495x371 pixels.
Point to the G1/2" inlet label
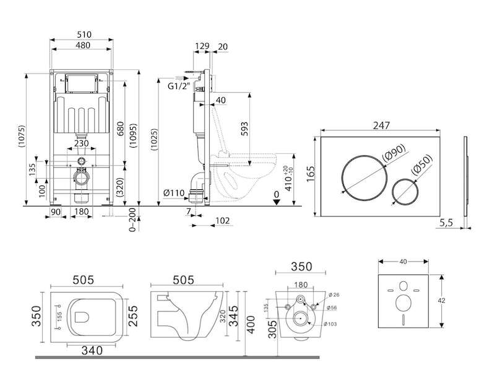(x=179, y=86)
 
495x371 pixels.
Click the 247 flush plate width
(x=381, y=125)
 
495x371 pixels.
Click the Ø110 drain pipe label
(x=174, y=194)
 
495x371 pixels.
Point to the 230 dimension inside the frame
(x=81, y=143)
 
